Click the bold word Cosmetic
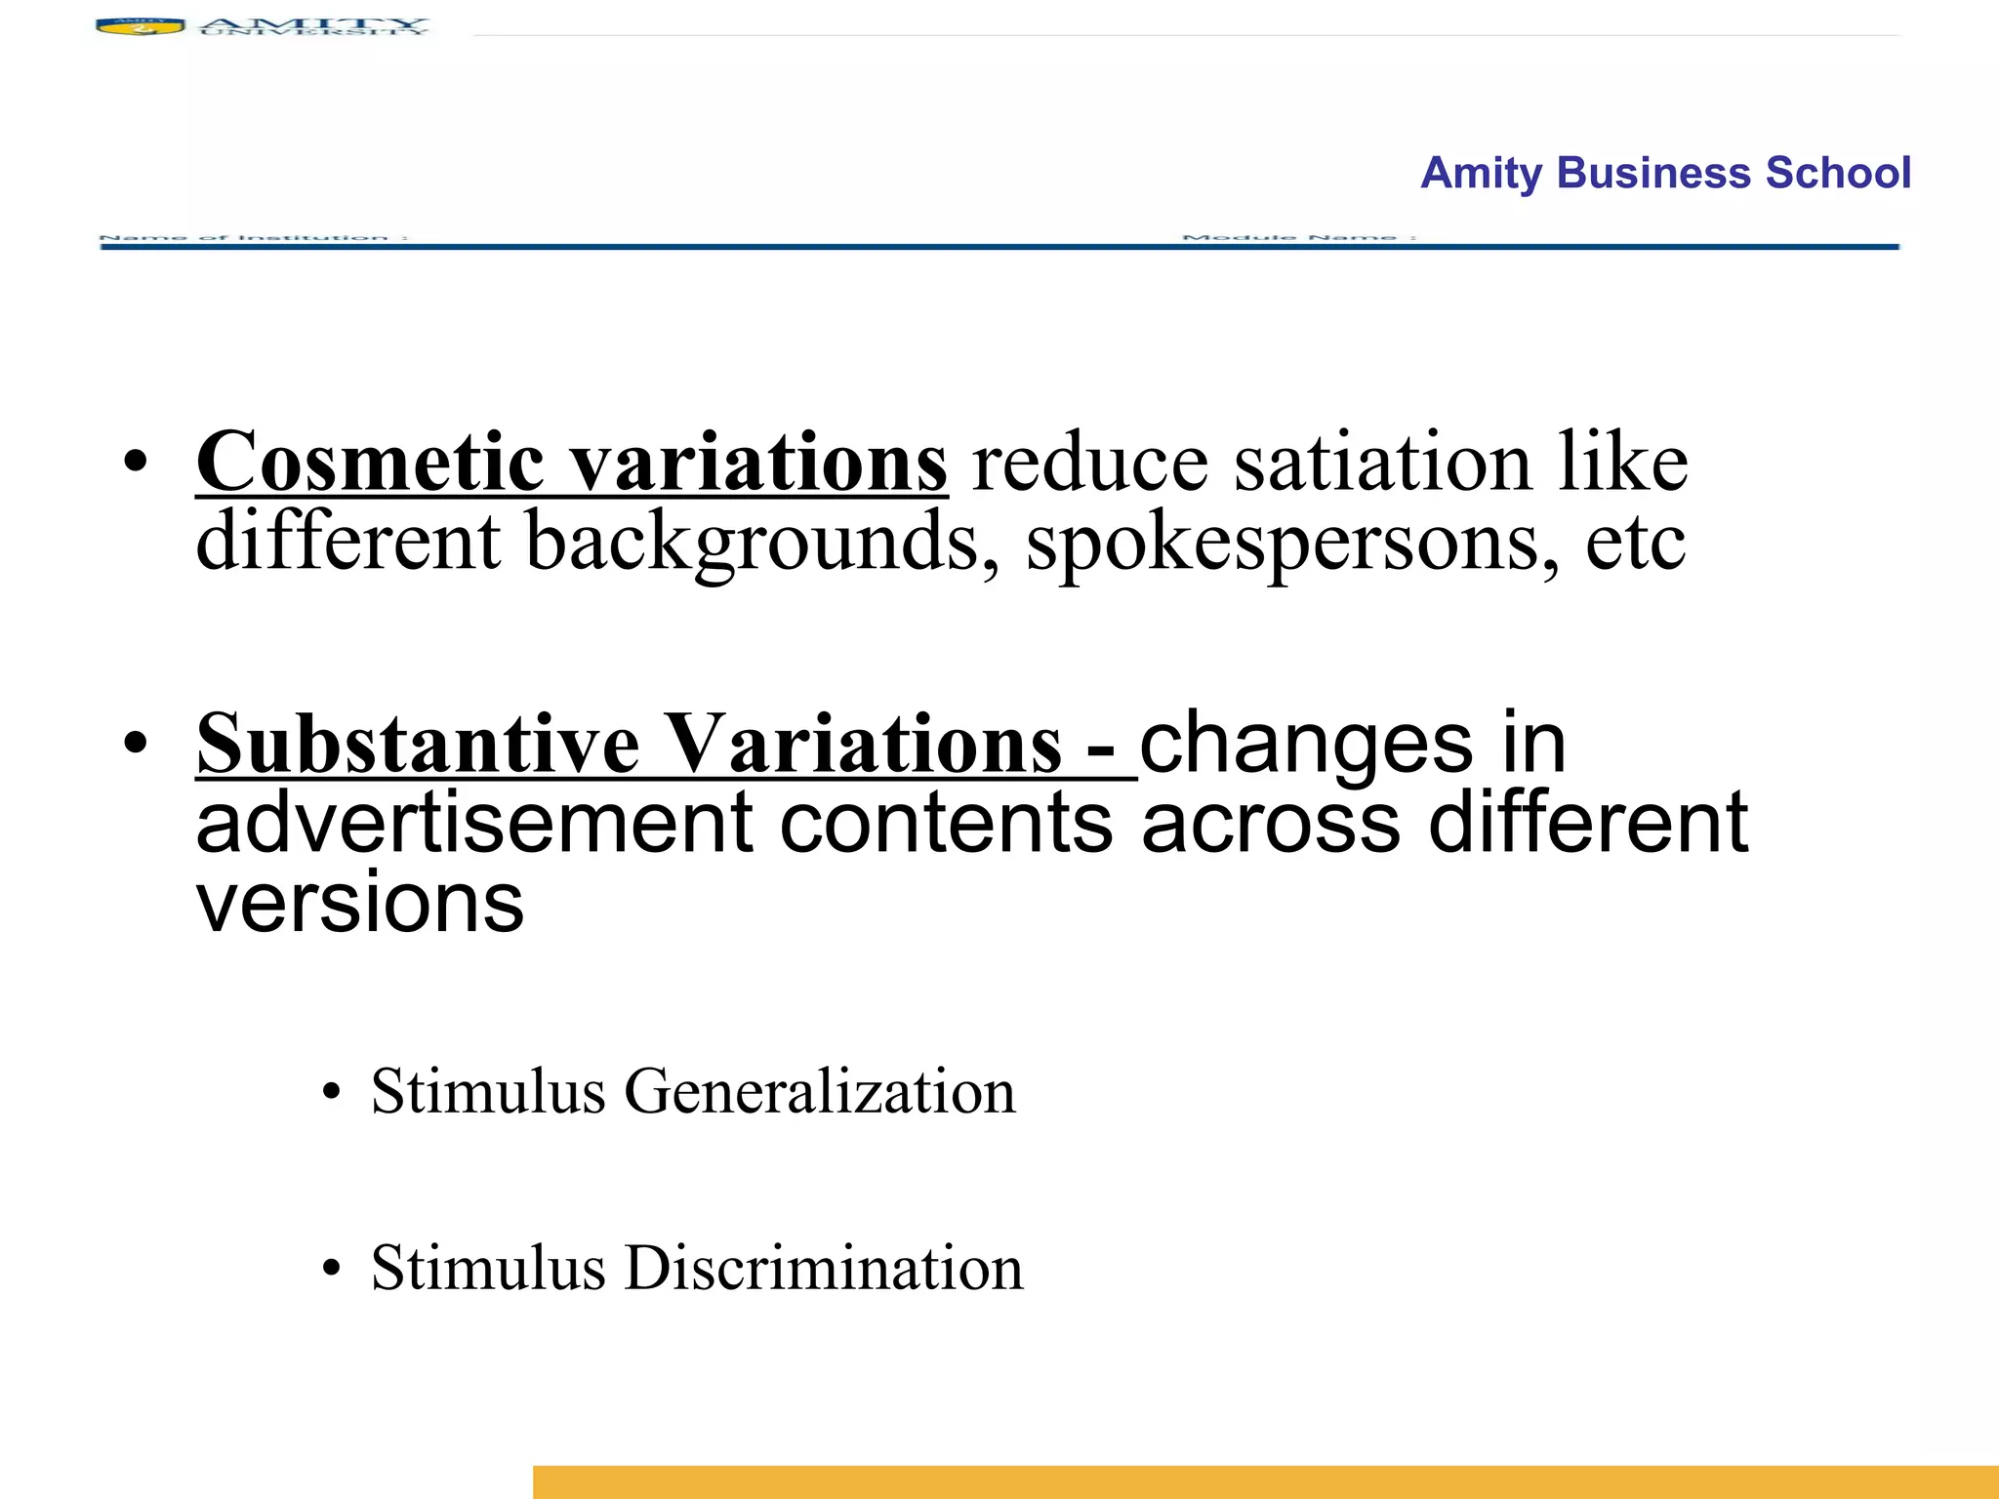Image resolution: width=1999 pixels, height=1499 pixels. [370, 463]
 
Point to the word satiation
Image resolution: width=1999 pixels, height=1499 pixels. [1382, 463]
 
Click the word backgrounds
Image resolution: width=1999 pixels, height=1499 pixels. [753, 543]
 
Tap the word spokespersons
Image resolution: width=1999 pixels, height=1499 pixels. [1292, 543]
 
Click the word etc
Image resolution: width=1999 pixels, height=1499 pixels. [1635, 543]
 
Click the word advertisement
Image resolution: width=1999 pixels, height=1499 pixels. [474, 823]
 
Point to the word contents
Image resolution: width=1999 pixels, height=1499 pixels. [946, 823]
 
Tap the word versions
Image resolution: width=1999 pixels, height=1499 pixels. [360, 903]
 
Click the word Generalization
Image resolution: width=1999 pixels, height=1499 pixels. [820, 1091]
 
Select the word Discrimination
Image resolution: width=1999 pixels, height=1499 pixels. [824, 1269]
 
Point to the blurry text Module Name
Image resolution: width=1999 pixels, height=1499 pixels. [1298, 237]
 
